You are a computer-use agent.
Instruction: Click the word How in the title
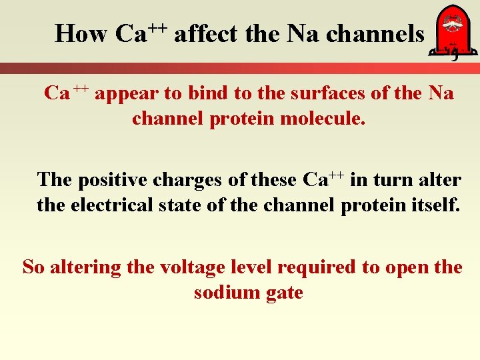coord(81,33)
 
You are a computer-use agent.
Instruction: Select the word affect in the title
coord(206,33)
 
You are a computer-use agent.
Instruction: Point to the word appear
coord(127,93)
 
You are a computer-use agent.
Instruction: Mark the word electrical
coord(111,205)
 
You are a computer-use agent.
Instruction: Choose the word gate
coord(283,293)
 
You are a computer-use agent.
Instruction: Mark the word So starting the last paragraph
coord(34,267)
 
